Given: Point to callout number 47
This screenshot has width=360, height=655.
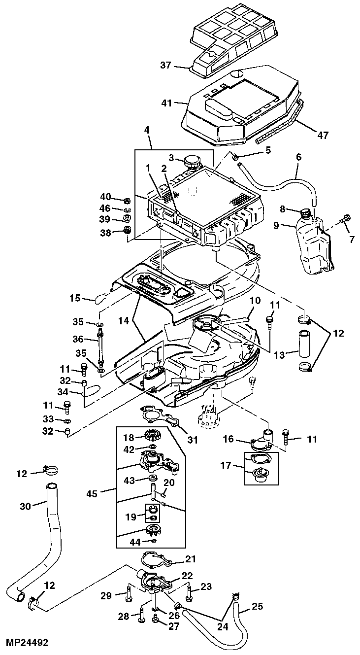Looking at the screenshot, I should (323, 135).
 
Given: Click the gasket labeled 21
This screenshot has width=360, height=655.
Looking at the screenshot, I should (156, 560).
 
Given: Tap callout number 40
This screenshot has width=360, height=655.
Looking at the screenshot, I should (106, 198).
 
